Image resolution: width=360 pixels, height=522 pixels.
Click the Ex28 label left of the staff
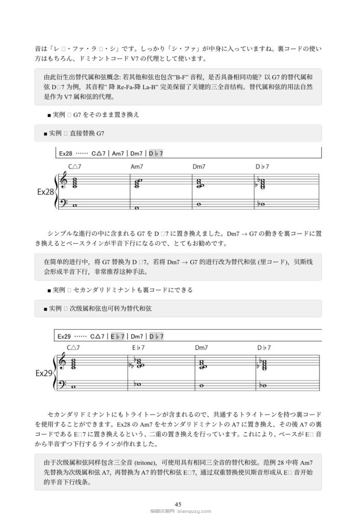coord(45,192)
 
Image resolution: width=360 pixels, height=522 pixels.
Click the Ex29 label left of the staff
coord(45,373)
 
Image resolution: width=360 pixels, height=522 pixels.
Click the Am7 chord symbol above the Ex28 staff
coord(138,166)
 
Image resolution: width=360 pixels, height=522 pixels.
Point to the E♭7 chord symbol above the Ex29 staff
coord(139,348)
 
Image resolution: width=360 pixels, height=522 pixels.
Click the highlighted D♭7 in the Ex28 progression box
coord(156,153)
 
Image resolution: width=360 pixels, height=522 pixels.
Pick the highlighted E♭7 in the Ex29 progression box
coord(118,336)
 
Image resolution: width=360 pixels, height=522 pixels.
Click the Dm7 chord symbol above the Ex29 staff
coord(201,348)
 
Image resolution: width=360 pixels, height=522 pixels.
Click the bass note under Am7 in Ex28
coord(137,208)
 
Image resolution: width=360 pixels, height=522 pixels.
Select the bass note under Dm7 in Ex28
coord(199,205)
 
